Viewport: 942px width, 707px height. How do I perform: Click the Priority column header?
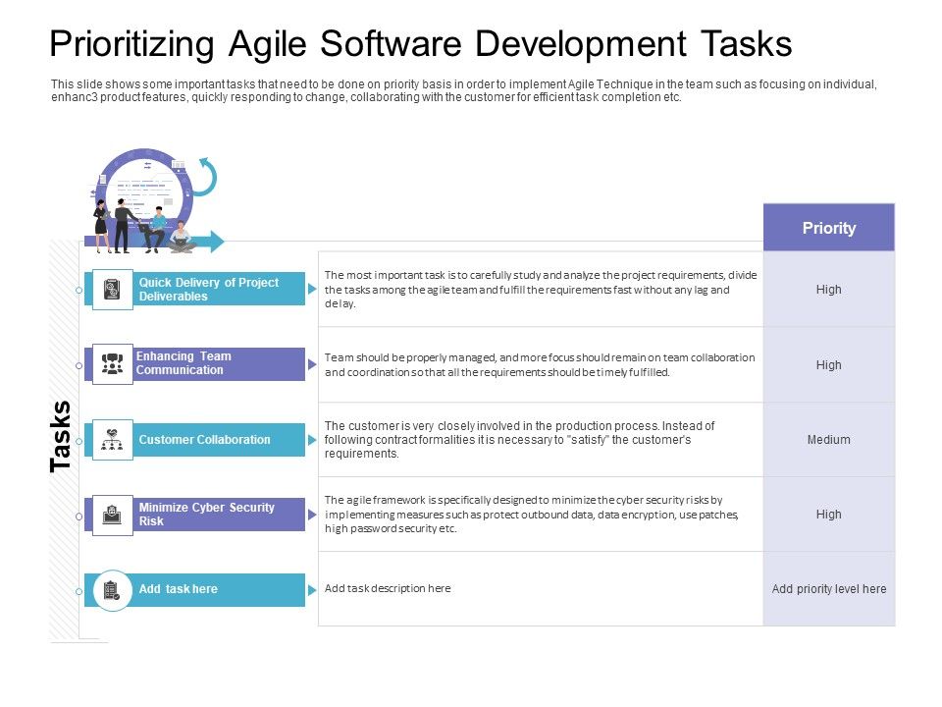point(828,228)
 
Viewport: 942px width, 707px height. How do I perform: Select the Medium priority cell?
point(828,440)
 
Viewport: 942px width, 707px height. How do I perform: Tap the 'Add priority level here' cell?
point(828,589)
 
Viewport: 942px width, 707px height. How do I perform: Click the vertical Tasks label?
point(61,436)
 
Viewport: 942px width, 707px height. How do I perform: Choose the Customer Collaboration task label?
point(204,440)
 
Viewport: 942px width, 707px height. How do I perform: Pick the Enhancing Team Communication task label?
point(183,363)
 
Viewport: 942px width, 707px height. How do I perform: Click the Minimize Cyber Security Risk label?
point(206,515)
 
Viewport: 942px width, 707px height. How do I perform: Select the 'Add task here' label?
point(178,589)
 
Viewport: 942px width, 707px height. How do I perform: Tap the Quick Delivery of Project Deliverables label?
point(208,290)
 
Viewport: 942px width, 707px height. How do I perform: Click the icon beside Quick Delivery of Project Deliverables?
point(113,290)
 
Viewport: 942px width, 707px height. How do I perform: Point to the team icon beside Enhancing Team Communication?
point(113,364)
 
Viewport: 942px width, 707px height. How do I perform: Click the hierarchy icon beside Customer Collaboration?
point(113,440)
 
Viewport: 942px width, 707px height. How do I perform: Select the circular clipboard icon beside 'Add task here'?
point(112,590)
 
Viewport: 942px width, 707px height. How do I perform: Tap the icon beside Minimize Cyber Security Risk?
point(113,515)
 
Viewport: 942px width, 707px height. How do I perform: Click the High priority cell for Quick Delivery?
point(828,290)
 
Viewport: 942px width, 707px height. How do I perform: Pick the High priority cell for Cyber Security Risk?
point(828,515)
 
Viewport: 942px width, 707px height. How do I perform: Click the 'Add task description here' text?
point(388,588)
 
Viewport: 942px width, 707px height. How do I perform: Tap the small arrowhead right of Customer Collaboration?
point(312,440)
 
